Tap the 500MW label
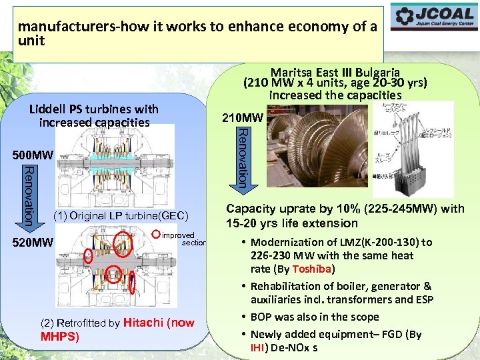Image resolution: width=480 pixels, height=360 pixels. coord(31,156)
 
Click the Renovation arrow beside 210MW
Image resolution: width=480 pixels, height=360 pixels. coord(243,157)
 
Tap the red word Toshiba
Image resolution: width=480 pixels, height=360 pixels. coord(313,269)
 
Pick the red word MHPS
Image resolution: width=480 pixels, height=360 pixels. coord(59,336)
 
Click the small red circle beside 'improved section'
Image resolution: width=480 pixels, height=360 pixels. coord(156,234)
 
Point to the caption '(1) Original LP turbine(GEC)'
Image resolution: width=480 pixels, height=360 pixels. coord(121,215)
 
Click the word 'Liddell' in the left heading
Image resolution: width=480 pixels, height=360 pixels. coord(48,109)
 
